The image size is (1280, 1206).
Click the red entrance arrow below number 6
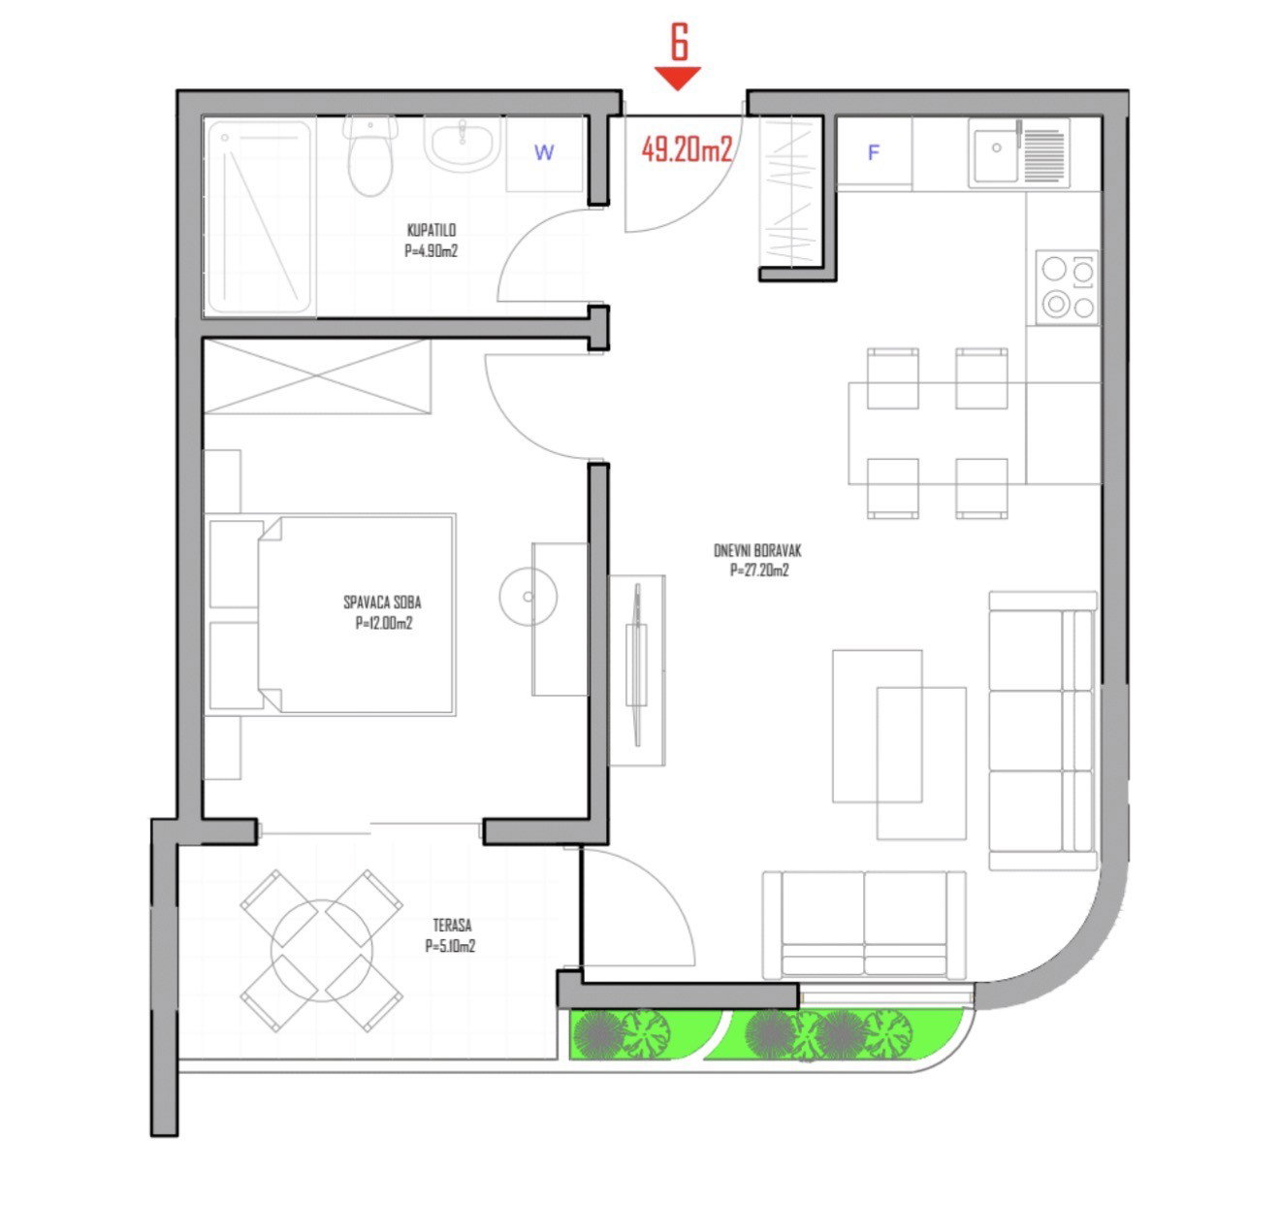(678, 78)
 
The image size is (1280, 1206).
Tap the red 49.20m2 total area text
(686, 148)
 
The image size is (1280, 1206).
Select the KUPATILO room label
(432, 231)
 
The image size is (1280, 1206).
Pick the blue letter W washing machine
(544, 152)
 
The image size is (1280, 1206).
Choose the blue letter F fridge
(873, 152)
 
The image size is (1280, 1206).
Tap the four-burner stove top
(1067, 287)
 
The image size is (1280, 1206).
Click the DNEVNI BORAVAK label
(757, 551)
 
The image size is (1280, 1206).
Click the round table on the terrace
(321, 936)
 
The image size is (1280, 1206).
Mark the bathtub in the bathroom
(259, 217)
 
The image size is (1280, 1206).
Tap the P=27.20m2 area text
(759, 571)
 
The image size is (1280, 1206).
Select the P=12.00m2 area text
(384, 624)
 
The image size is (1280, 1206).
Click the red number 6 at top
(679, 44)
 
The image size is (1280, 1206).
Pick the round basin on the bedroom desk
(528, 595)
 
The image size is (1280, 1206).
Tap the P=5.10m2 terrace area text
(450, 947)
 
